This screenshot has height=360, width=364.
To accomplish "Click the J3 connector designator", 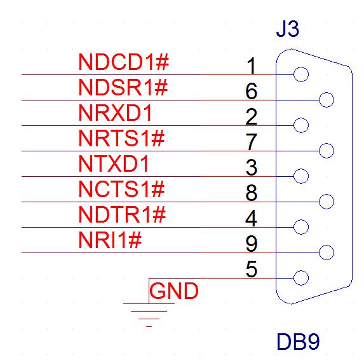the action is (x=287, y=29).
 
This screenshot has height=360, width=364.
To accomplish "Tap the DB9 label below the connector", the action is (x=299, y=342).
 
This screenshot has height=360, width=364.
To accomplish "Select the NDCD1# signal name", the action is (x=124, y=62).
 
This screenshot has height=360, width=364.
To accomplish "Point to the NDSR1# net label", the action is (x=123, y=87).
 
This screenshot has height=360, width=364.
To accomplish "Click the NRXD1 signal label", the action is (x=115, y=113).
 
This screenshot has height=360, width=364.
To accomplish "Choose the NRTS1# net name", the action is (x=121, y=138).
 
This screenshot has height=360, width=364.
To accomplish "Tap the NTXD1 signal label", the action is (x=114, y=163).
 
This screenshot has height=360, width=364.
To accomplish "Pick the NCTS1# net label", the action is (x=121, y=189).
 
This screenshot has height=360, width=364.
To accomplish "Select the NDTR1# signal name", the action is (x=122, y=214).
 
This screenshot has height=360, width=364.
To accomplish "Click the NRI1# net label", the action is (x=110, y=240).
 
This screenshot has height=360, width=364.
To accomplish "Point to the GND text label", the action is (x=174, y=291).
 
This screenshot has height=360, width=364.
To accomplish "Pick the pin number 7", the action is (x=252, y=142).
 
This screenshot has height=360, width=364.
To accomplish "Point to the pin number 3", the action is (x=252, y=167).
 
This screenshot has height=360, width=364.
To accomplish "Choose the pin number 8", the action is (x=252, y=193).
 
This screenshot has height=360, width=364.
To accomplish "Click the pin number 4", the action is (x=251, y=218).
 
